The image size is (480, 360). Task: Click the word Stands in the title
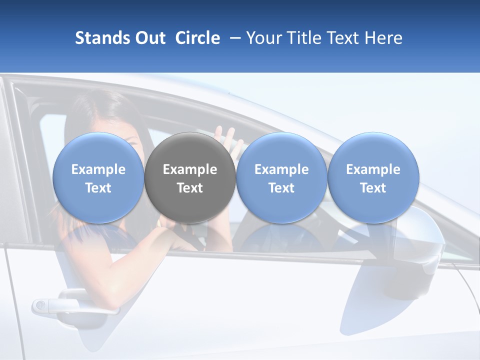102,38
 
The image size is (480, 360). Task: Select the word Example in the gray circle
190,169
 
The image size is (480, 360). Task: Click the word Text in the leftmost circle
98,188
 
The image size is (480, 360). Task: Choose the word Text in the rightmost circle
373,188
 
